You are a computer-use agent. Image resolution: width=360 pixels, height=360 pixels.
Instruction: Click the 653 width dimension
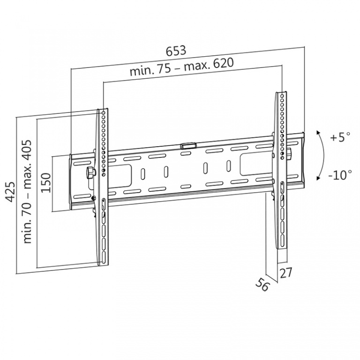tap(176, 51)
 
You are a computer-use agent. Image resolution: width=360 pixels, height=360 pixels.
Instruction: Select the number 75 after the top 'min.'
tap(163, 69)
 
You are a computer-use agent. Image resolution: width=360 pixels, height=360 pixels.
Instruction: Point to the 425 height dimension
tap(10, 192)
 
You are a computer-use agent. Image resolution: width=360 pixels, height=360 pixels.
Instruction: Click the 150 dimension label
tap(45, 183)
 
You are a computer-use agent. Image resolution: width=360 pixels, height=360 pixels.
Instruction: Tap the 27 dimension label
tap(285, 273)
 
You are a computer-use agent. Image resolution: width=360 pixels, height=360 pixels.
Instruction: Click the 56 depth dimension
tap(262, 284)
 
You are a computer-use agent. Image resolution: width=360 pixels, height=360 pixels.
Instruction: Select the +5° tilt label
tap(340, 137)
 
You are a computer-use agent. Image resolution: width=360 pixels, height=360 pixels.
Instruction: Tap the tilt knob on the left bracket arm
tap(90, 172)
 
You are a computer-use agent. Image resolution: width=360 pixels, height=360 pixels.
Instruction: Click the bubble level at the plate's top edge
tap(188, 146)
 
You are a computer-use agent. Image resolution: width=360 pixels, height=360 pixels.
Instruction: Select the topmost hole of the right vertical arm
tap(283, 95)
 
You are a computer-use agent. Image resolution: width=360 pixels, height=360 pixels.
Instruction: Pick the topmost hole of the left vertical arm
tap(103, 112)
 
